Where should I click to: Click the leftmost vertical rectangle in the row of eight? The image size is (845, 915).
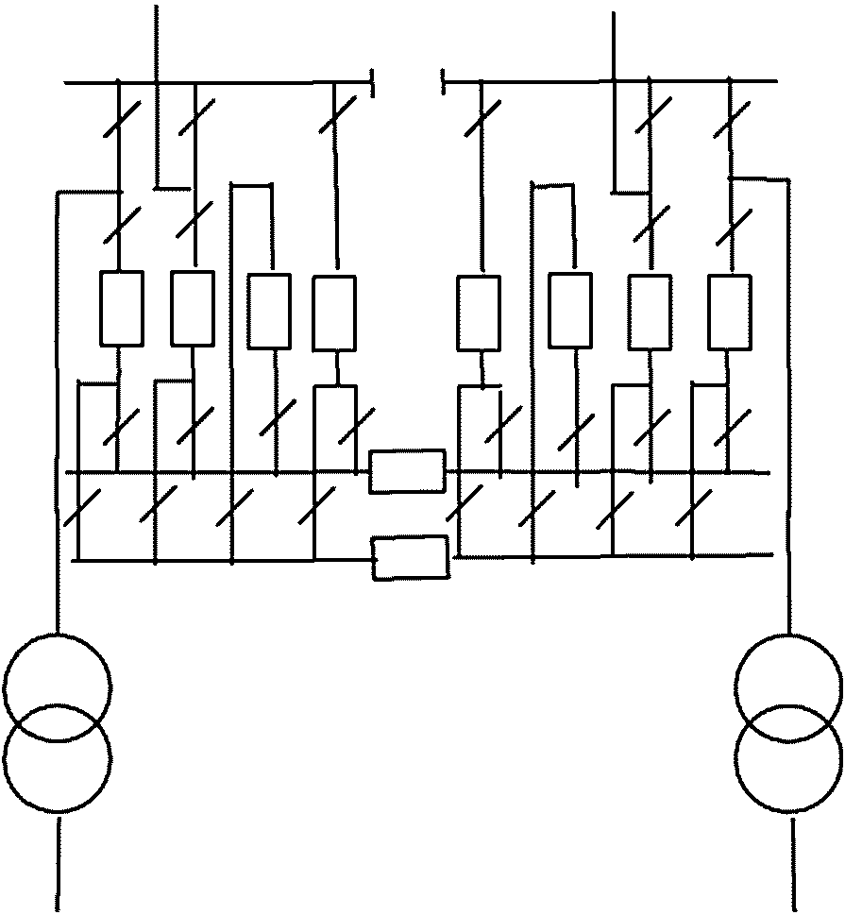pos(122,308)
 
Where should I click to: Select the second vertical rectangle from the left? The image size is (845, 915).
pos(193,308)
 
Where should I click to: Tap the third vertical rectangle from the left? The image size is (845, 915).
pos(269,311)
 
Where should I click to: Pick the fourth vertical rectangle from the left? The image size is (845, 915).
pos(334,313)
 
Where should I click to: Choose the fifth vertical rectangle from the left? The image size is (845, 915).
pos(479,313)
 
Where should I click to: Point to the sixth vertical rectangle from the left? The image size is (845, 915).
pos(571,310)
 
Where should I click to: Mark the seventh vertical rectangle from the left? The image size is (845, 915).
pos(651,312)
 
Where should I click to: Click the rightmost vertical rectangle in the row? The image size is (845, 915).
pos(730,312)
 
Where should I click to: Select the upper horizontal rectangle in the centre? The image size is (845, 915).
pos(407,470)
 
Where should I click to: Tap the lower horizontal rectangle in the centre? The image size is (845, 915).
pos(411,556)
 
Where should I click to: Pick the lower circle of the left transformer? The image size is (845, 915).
pos(58,757)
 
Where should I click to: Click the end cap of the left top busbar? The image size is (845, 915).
pos(375,82)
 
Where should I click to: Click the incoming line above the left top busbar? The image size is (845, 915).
pos(156,42)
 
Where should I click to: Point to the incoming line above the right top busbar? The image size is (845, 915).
pos(614,42)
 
